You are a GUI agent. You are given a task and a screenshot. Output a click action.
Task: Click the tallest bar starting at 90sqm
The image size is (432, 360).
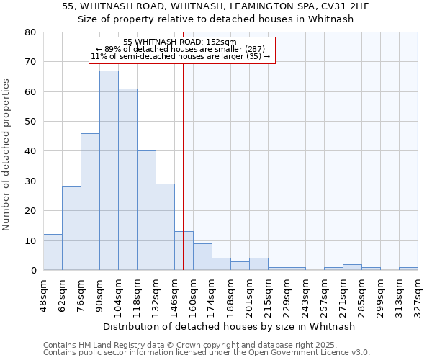click(109, 171)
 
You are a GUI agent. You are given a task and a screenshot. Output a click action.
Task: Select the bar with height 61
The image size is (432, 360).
click(127, 179)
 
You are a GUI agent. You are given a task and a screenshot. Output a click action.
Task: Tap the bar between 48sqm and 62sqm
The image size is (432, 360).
click(53, 252)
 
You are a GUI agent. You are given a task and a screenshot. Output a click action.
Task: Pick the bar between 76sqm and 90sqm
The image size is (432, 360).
click(90, 202)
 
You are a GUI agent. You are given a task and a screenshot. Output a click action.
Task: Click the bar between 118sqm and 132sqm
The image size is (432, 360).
click(146, 210)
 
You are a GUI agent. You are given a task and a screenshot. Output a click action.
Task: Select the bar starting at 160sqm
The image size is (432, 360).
click(202, 257)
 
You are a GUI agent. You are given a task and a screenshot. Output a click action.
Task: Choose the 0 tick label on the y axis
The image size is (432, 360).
click(33, 270)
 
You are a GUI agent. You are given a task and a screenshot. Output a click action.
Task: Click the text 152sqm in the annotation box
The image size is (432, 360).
click(221, 42)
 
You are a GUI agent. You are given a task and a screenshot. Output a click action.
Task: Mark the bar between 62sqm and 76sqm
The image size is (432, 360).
click(71, 228)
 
